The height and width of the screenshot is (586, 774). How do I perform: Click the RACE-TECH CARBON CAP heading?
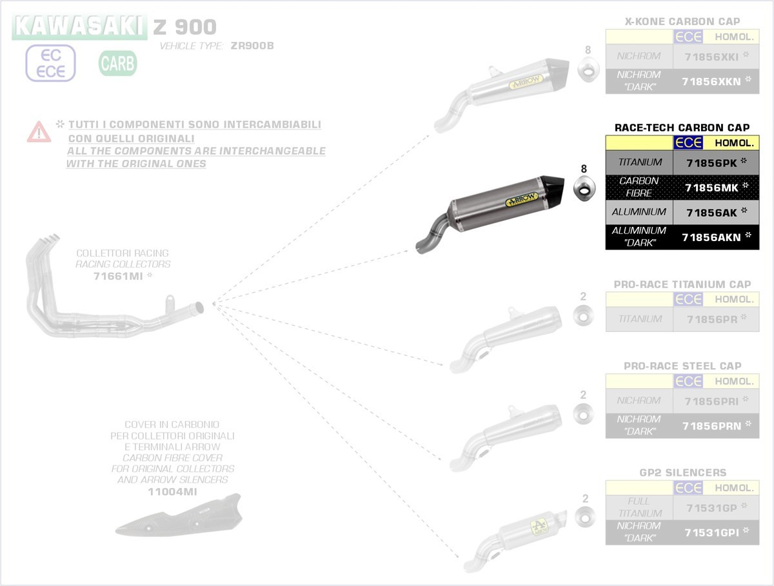(x=682, y=128)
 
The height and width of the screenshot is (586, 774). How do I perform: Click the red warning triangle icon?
(x=39, y=132)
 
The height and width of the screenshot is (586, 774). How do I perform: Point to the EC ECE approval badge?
(x=51, y=64)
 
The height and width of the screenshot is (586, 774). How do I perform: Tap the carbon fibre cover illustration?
(x=178, y=515)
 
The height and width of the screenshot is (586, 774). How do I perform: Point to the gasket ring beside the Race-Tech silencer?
(x=584, y=189)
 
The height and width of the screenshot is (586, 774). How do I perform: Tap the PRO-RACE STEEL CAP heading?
(x=682, y=366)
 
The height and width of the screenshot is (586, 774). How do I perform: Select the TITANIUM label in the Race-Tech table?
(x=639, y=162)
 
